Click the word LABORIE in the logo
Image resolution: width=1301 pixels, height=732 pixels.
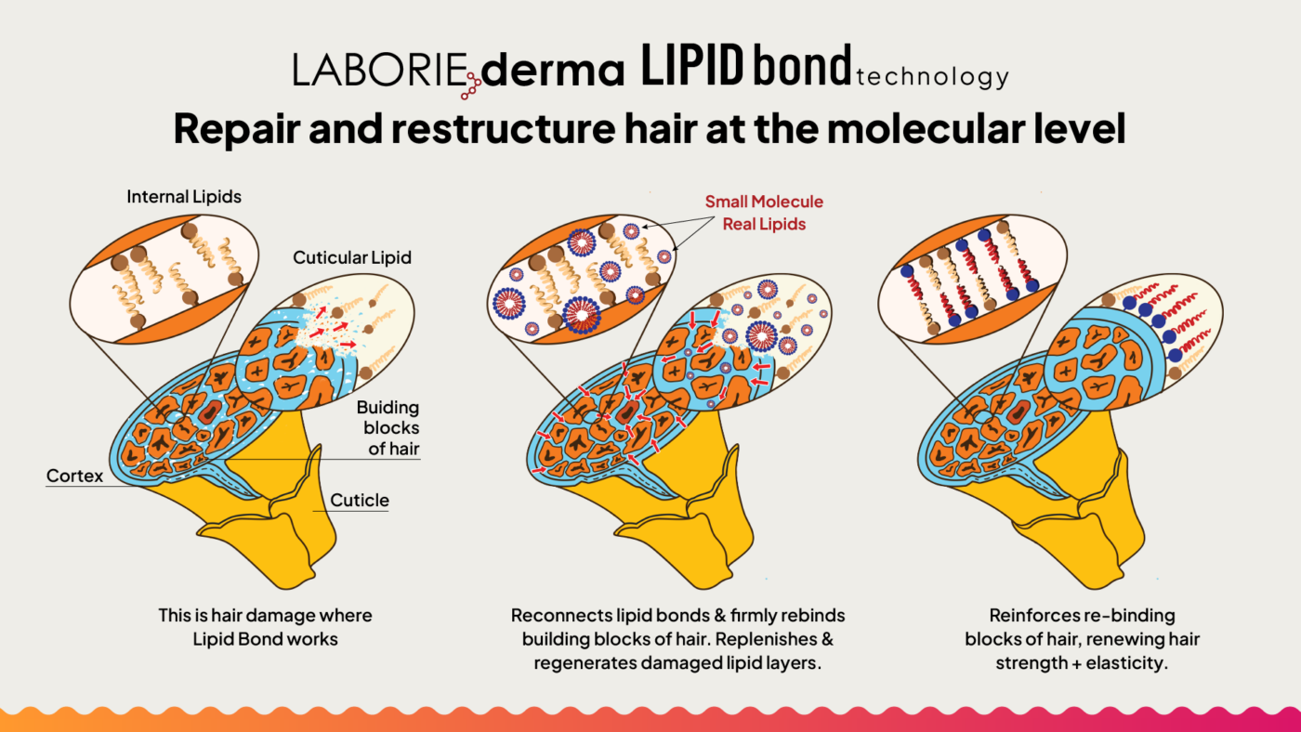coord(380,70)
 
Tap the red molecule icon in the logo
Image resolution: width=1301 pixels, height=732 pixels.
coord(472,85)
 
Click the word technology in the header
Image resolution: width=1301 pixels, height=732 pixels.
coord(932,76)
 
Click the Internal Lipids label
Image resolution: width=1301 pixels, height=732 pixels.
coord(184,197)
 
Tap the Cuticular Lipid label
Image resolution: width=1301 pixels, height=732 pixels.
coord(352,257)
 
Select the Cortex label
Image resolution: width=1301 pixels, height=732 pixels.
coord(74,476)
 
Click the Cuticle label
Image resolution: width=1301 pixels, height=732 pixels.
coord(360,500)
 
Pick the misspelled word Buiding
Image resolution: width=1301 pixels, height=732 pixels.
coord(388,408)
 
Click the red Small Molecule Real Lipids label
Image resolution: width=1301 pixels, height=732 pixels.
coord(764,213)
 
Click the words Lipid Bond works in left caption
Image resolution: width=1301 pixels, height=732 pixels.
coord(265,639)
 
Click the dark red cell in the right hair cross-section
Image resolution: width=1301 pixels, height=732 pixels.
coord(1018,412)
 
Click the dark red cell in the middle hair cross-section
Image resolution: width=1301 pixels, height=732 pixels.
coord(626,412)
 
